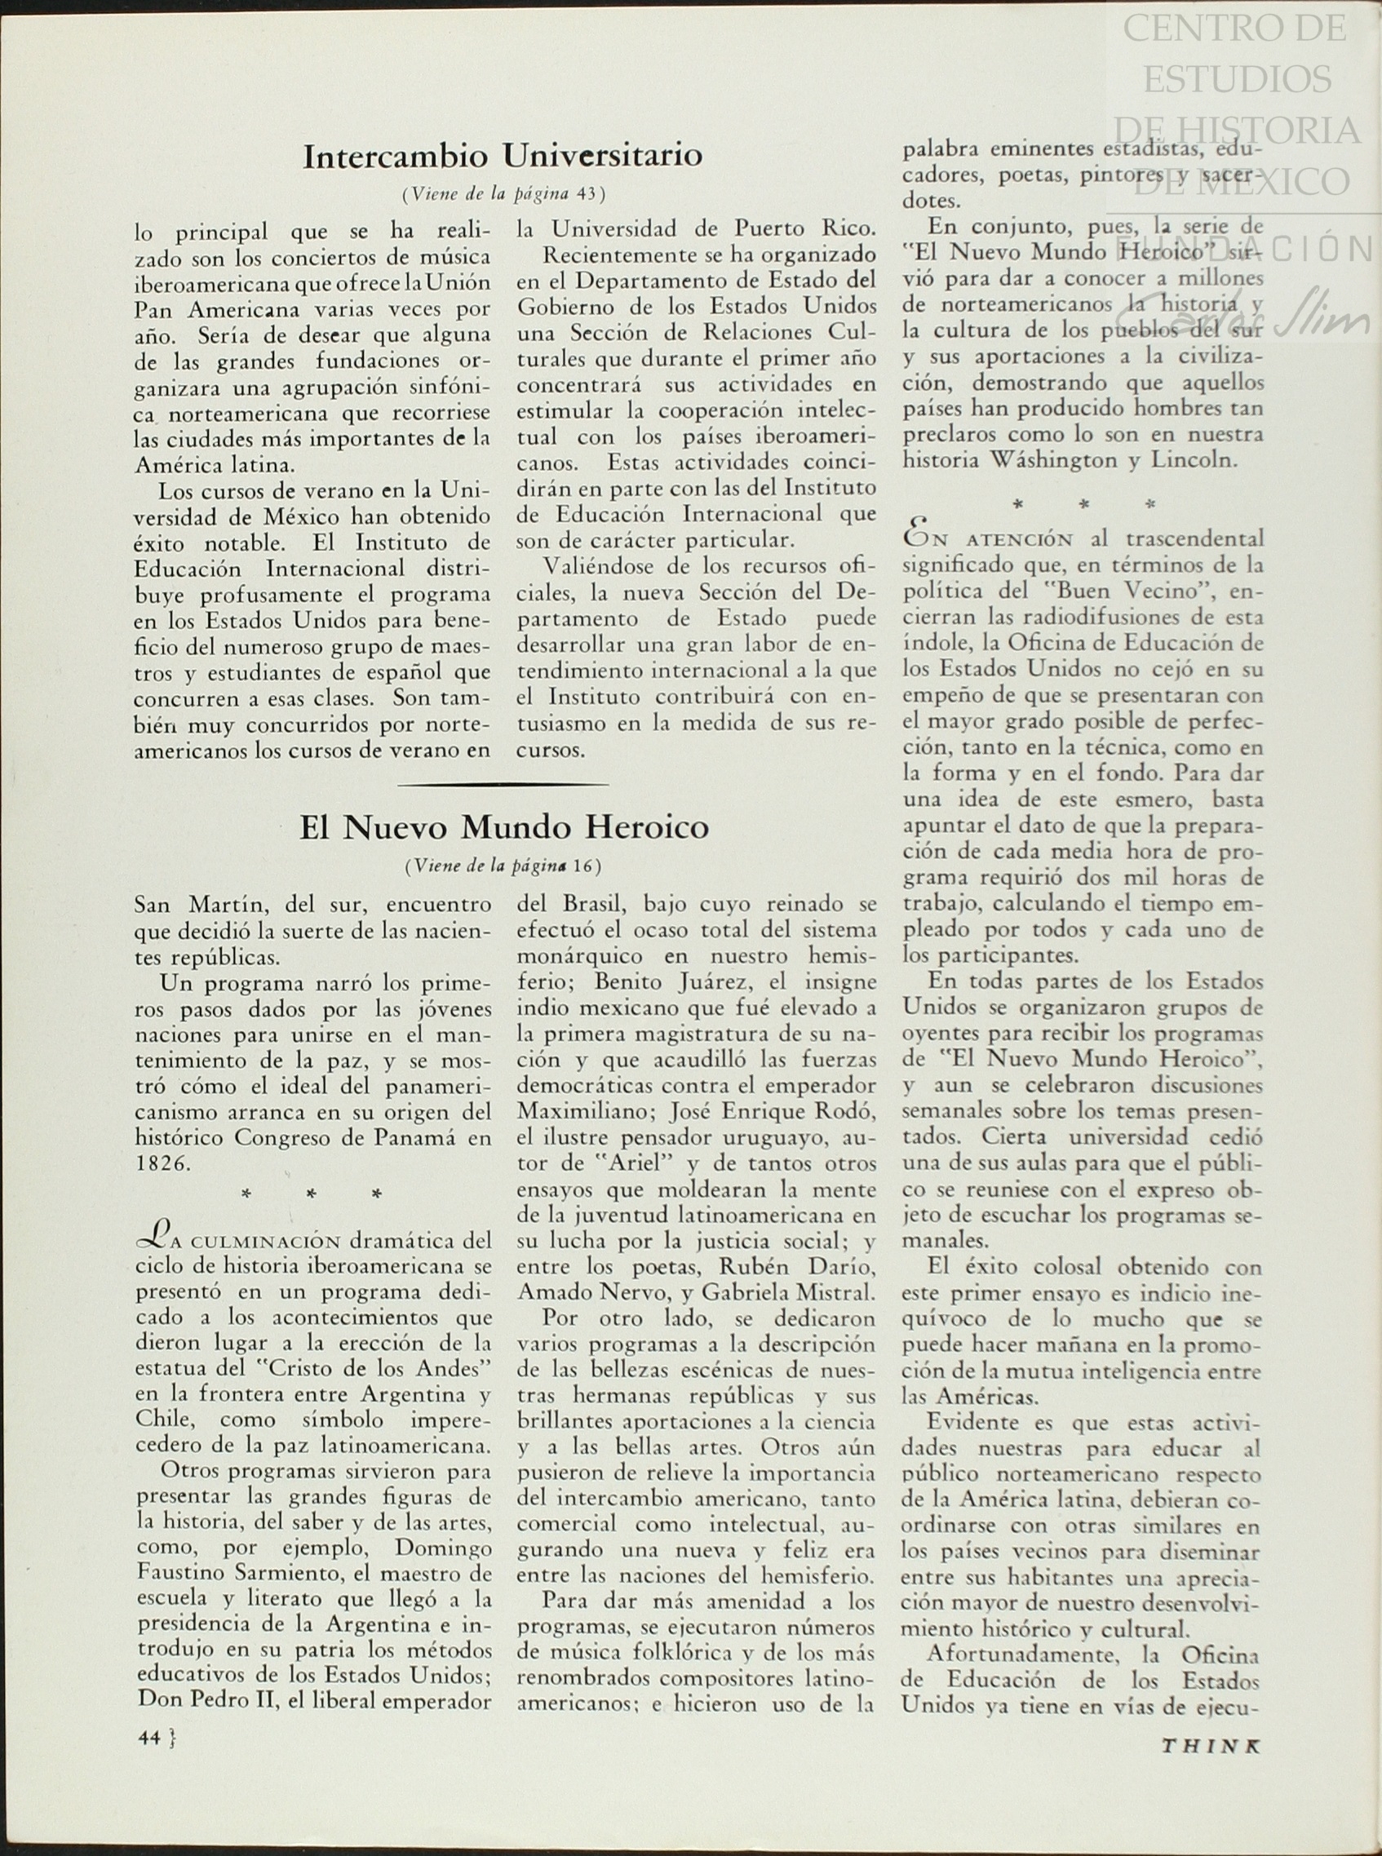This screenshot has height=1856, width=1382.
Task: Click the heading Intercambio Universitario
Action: click(x=502, y=157)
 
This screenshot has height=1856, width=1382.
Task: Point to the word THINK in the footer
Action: click(x=1211, y=1738)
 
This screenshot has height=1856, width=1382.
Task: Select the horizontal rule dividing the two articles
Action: click(x=503, y=785)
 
